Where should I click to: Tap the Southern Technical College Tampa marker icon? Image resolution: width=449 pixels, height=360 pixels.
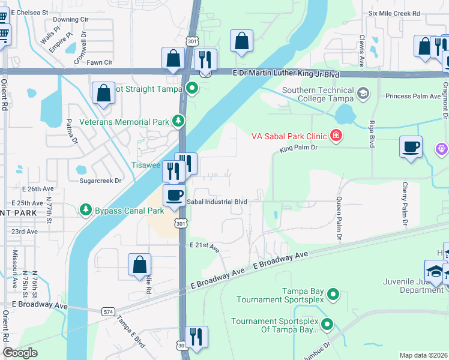click(363, 94)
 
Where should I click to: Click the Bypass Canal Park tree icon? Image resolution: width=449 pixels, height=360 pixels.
click(86, 210)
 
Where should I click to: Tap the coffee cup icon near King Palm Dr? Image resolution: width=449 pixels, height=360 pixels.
click(411, 147)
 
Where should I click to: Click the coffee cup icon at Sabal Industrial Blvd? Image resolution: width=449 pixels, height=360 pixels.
click(174, 196)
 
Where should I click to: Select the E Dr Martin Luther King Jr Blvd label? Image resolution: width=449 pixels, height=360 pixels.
click(286, 74)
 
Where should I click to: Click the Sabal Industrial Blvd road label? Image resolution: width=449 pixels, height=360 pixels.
click(217, 202)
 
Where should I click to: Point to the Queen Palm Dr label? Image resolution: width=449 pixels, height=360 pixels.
click(339, 219)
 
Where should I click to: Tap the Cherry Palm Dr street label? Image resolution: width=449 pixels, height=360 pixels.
click(405, 205)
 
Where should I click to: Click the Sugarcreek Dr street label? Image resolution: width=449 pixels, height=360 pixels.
click(100, 180)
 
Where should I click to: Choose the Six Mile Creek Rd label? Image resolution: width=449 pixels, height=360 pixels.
click(394, 13)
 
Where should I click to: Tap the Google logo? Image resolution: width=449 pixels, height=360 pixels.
click(20, 353)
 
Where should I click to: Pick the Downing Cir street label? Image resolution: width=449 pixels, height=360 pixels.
click(70, 19)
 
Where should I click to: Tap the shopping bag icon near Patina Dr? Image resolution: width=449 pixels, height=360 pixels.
click(103, 93)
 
